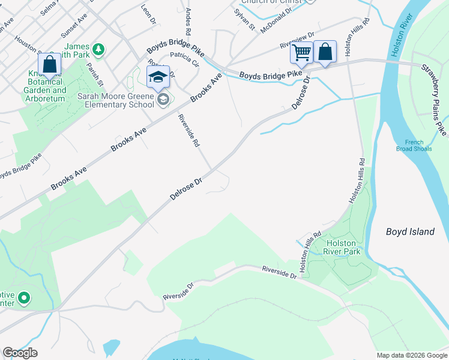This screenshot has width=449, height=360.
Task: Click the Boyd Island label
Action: [x=410, y=232]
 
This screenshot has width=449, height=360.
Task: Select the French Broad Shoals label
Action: [x=414, y=145]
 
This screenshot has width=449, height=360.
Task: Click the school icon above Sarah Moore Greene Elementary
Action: [x=158, y=77]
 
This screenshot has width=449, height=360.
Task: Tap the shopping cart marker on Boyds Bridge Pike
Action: [x=301, y=52]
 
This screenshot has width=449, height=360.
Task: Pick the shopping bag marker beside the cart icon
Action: [x=325, y=52]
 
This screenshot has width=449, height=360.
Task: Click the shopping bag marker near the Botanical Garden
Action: [x=49, y=64]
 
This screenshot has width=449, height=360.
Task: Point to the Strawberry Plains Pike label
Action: [x=433, y=99]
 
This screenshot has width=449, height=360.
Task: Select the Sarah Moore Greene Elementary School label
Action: [x=116, y=100]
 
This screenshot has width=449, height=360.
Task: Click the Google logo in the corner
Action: [x=20, y=353]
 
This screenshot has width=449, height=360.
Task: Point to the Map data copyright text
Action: [x=411, y=355]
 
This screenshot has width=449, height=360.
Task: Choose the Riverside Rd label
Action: [x=188, y=131]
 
